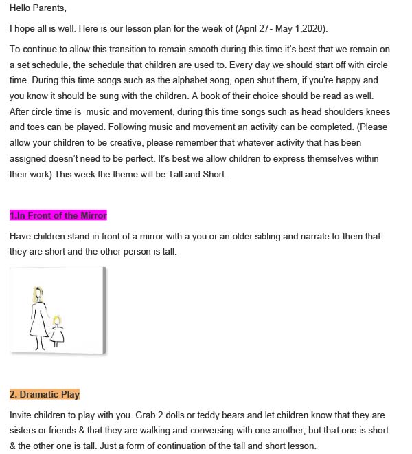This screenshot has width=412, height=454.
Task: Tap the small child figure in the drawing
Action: [x=56, y=329]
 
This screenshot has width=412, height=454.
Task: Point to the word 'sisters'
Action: [x=25, y=430]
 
